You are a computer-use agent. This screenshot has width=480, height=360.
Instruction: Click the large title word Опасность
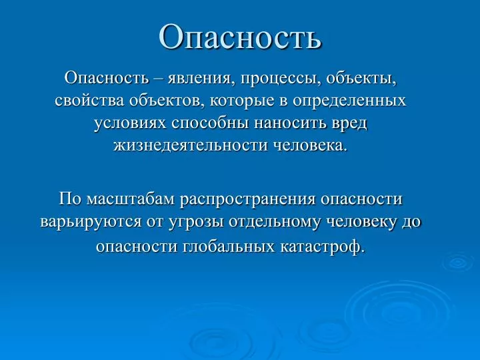click(240, 36)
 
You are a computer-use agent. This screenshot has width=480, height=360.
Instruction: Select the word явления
click(199, 79)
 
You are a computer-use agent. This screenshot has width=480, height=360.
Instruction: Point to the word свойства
click(89, 101)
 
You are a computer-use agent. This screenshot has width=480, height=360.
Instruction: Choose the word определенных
click(349, 102)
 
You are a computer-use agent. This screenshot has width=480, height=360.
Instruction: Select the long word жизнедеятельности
click(191, 146)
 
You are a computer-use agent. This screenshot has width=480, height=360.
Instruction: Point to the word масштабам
click(131, 199)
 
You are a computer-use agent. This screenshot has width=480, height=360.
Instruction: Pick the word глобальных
click(229, 247)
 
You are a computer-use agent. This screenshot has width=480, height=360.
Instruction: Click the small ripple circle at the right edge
click(458, 262)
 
